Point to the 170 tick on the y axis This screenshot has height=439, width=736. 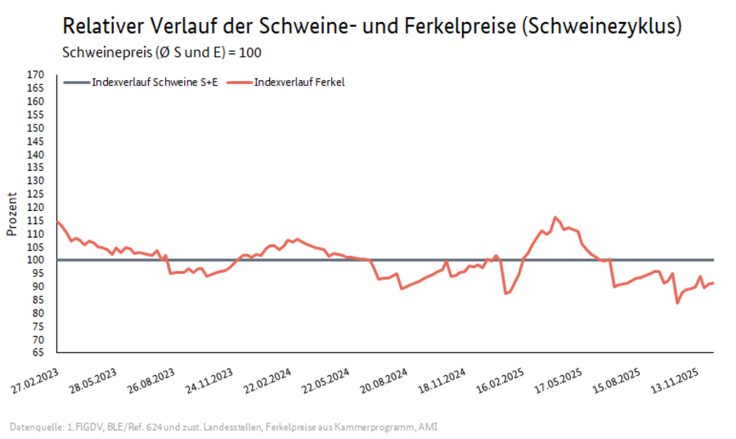pyautogui.click(x=35, y=75)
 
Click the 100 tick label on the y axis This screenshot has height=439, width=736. pyautogui.click(x=35, y=260)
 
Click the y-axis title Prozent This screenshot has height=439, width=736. pyautogui.click(x=12, y=214)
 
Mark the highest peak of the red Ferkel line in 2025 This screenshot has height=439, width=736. pyautogui.click(x=555, y=217)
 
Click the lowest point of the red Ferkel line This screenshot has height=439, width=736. pyautogui.click(x=677, y=303)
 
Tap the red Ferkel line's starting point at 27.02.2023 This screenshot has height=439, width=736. pyautogui.click(x=56, y=221)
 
